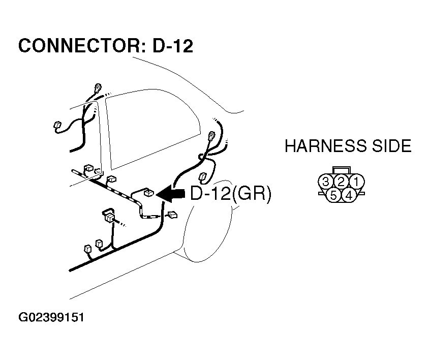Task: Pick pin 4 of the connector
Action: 349,195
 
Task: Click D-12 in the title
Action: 173,46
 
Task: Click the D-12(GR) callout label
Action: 230,194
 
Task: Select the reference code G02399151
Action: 51,318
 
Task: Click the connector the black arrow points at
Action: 149,193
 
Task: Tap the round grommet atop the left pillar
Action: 96,87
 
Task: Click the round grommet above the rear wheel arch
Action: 211,136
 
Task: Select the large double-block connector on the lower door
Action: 109,216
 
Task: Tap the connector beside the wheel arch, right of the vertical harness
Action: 173,215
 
